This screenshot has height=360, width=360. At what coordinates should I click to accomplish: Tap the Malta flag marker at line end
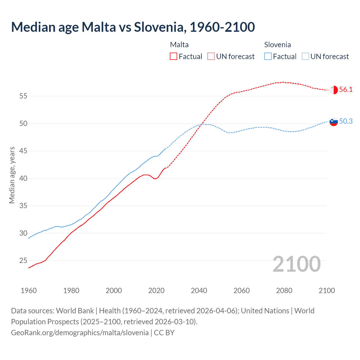334,90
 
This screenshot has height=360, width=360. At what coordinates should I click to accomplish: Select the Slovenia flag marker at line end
334,122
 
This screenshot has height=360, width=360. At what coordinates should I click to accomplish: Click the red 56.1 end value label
346,90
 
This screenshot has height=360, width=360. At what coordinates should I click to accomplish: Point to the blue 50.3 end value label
346,121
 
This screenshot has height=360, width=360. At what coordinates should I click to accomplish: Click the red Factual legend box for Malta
174,57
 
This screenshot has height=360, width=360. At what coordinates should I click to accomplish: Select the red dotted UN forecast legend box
211,57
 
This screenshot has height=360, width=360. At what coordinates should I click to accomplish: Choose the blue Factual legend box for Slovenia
268,57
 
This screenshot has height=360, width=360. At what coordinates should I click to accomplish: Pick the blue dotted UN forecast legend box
305,57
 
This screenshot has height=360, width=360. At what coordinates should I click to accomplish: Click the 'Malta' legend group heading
179,45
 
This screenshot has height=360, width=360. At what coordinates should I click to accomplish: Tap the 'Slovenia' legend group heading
277,45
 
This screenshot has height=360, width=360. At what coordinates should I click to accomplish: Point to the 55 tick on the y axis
23,96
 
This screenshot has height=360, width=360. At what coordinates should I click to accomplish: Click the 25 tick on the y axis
23,261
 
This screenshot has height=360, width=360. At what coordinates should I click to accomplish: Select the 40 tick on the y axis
23,178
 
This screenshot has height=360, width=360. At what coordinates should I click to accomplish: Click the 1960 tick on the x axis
29,291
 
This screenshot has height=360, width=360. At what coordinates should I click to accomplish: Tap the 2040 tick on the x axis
199,291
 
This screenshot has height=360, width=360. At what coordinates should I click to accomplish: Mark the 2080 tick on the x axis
284,291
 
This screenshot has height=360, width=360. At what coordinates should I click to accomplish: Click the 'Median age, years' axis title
12,175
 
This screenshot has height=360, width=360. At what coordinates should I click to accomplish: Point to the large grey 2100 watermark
296,264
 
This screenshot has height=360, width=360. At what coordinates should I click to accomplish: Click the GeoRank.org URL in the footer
80,333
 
